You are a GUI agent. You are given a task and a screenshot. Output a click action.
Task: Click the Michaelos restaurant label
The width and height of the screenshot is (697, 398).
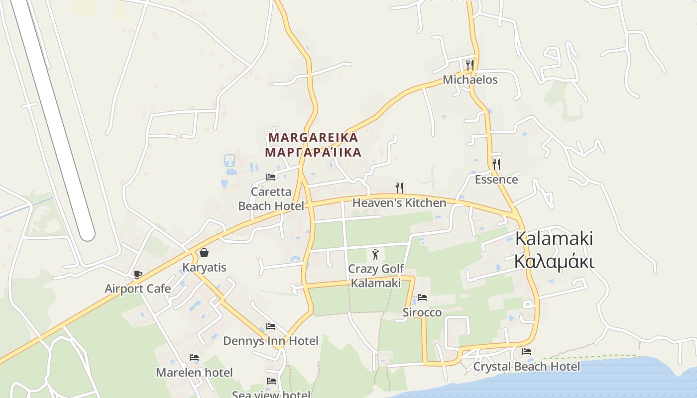pos(470,80)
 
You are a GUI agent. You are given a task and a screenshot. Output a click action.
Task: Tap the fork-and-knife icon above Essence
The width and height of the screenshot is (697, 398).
pos(496,164)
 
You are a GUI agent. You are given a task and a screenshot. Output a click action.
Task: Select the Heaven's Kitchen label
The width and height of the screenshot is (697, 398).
pos(399,203)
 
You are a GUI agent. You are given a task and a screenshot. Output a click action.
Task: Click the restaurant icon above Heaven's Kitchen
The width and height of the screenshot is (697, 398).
pos(399,188)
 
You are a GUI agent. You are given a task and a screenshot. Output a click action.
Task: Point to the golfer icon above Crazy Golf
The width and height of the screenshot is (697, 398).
pos(375,254)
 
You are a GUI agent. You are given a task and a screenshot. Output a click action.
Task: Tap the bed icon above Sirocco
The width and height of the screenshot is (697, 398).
pos(422,298)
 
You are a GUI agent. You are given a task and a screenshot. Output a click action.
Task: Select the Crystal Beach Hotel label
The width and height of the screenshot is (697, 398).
pos(526,367)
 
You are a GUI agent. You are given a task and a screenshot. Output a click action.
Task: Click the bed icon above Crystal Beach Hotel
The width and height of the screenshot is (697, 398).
pos(527,352)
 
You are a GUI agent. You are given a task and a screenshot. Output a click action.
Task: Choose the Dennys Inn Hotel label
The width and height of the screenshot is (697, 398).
pos(270,341)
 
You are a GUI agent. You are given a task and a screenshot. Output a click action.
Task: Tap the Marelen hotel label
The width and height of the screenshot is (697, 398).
pos(194,372)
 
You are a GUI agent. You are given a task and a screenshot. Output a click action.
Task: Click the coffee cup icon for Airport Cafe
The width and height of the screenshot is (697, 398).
pos(138,274)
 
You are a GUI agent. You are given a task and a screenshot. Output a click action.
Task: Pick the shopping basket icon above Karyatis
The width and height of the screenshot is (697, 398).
pos(204,253)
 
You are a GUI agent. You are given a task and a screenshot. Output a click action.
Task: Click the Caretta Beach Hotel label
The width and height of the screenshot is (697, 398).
pos(271,199)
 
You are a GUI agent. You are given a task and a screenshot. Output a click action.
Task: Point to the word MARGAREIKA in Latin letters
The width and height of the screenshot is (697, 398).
pos(313,137)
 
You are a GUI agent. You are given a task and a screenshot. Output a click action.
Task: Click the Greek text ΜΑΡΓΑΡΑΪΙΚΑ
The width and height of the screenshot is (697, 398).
pos(313,152)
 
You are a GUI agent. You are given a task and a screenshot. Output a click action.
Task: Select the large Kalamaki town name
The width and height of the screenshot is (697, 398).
pos(554,239)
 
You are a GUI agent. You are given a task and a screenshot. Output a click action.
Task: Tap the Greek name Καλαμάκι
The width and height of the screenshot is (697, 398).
pos(554,261)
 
